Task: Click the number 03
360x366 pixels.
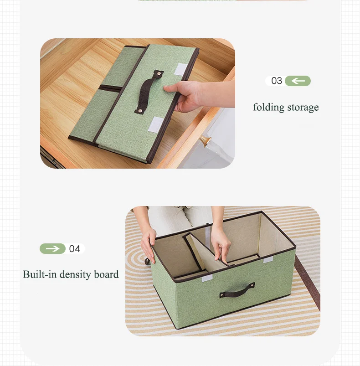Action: pos(277,81)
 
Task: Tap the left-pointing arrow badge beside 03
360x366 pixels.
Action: pos(298,81)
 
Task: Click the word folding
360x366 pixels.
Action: pos(268,108)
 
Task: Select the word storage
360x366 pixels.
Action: pos(303,108)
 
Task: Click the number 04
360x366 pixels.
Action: pos(75,249)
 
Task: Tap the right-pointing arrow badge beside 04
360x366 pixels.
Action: pos(53,249)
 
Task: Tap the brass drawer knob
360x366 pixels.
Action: pos(206,141)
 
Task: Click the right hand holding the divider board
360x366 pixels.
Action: pos(221,244)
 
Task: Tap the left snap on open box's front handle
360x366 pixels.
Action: pos(222,295)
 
